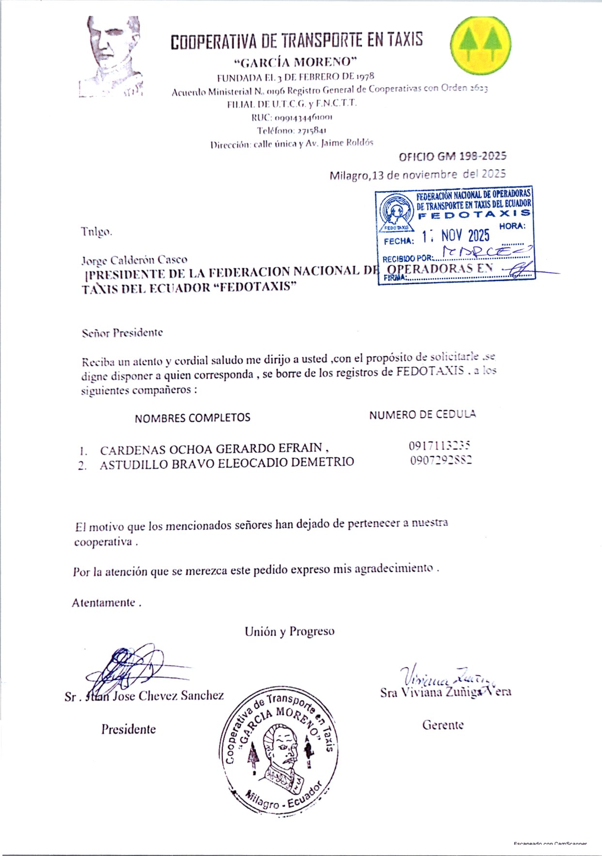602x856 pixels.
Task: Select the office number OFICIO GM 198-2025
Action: coord(452,156)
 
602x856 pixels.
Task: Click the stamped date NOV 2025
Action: coord(465,236)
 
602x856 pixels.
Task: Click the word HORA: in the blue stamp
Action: coord(512,226)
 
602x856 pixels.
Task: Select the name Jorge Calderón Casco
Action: coord(135,260)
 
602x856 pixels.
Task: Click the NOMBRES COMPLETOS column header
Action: coord(192,418)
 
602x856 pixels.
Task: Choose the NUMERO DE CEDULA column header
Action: coord(422,415)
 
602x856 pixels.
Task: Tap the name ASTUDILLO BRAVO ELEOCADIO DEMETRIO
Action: coord(227,463)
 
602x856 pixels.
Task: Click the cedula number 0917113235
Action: coord(440,446)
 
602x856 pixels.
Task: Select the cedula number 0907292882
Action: coord(441,460)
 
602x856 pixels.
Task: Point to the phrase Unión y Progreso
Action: coord(289,632)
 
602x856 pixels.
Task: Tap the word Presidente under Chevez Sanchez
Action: coord(128,729)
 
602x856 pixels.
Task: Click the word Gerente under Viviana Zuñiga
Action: coord(443,725)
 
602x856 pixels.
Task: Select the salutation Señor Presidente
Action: coord(122,333)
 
